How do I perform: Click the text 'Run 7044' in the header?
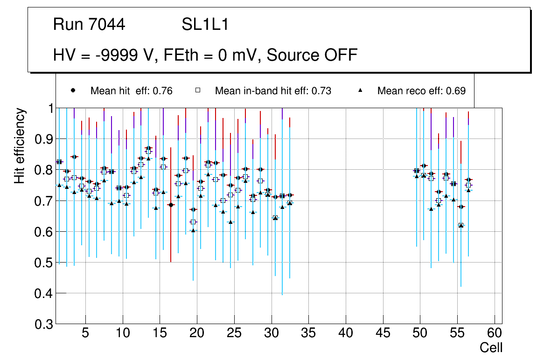[x=89, y=25]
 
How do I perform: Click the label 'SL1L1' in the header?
[x=205, y=25]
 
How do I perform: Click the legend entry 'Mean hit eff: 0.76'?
[x=131, y=91]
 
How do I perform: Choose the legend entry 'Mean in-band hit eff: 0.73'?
[x=273, y=91]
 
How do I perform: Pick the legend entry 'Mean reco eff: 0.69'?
[x=421, y=91]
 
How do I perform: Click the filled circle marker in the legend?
[x=73, y=90]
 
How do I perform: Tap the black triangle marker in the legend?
[x=361, y=90]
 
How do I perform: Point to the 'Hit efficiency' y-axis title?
[x=20, y=145]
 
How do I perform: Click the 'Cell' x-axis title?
[x=491, y=347]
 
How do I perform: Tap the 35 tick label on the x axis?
[x=308, y=334]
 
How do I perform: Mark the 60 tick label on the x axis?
[x=495, y=334]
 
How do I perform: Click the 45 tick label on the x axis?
[x=383, y=334]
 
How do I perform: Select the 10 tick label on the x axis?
[x=122, y=334]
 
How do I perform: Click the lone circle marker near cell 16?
[x=171, y=205]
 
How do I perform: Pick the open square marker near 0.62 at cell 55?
[x=461, y=225]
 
